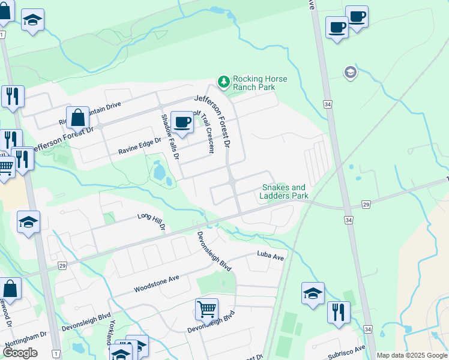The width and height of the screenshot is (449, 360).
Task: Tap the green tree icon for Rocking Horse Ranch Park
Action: click(x=223, y=81)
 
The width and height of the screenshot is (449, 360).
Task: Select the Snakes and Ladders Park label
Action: click(x=284, y=191)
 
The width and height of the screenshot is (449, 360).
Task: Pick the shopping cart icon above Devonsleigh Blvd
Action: click(x=206, y=309)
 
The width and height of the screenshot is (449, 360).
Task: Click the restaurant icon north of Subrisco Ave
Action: click(x=339, y=312)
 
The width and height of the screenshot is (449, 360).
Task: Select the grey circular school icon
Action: click(x=350, y=73)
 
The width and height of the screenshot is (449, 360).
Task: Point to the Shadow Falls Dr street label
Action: click(x=169, y=137)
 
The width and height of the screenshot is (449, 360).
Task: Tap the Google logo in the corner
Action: click(x=20, y=353)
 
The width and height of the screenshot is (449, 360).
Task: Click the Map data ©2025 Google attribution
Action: click(x=411, y=355)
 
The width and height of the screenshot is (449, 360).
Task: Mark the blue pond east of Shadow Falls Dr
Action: click(x=160, y=173)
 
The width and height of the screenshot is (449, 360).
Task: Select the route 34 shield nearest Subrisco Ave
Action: click(x=367, y=329)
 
